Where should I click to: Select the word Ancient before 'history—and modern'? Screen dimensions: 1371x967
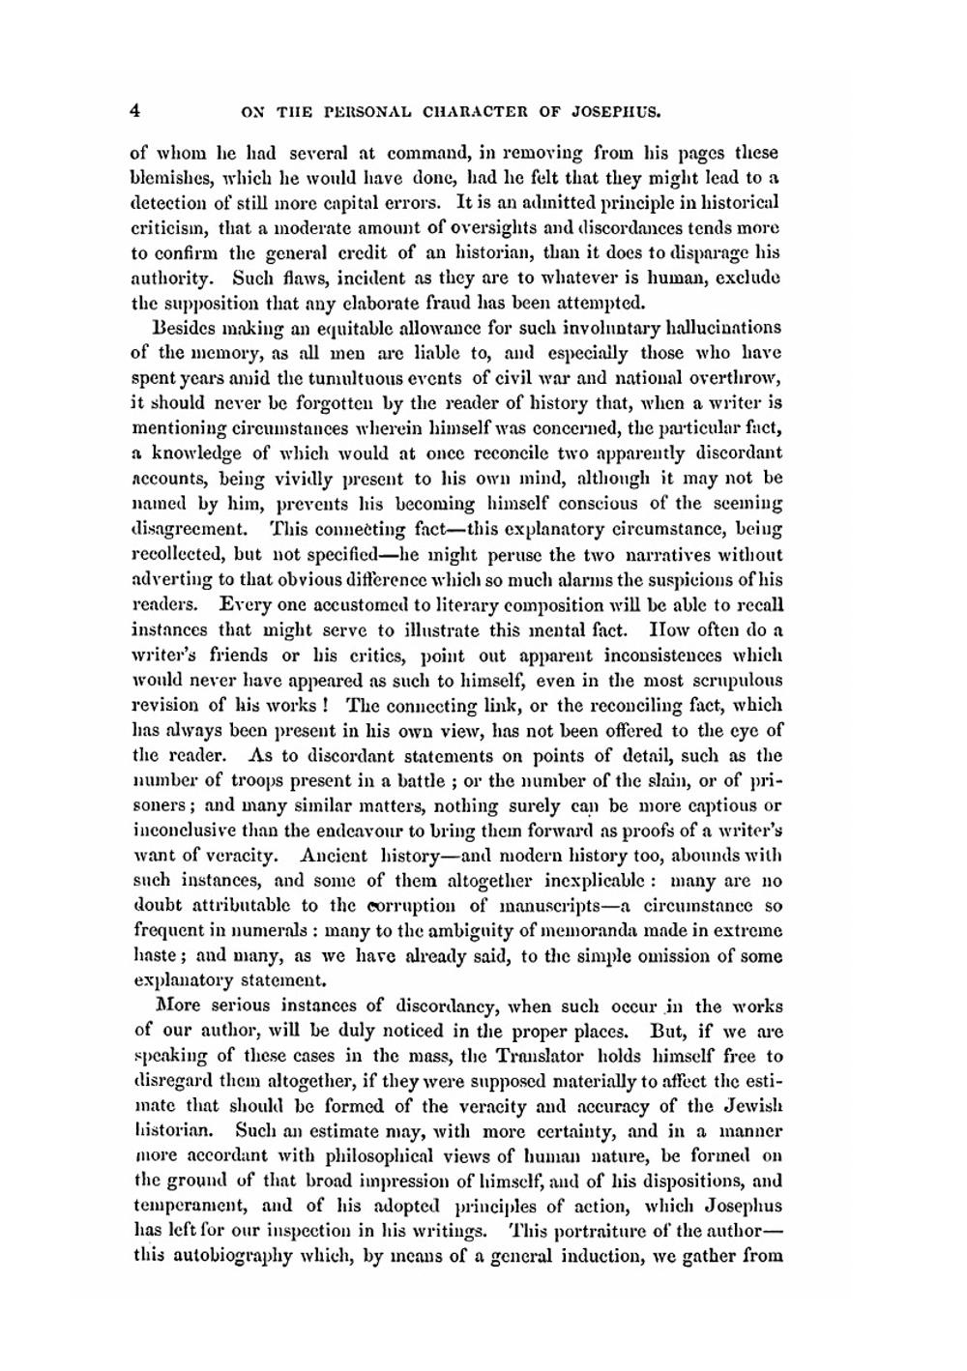[x=335, y=856]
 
